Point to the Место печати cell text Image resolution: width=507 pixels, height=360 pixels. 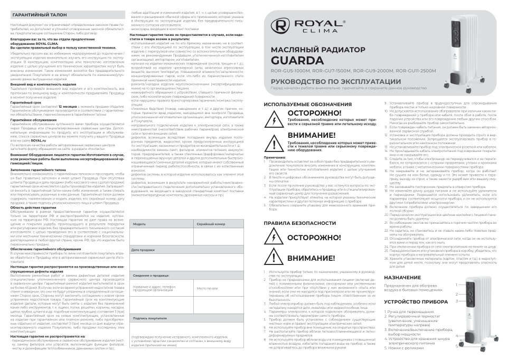pyautogui.click(x=207, y=288)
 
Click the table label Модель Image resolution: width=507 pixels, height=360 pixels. pyautogui.click(x=139, y=224)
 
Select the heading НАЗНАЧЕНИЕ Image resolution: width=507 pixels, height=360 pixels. pyautogui.click(x=402, y=277)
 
